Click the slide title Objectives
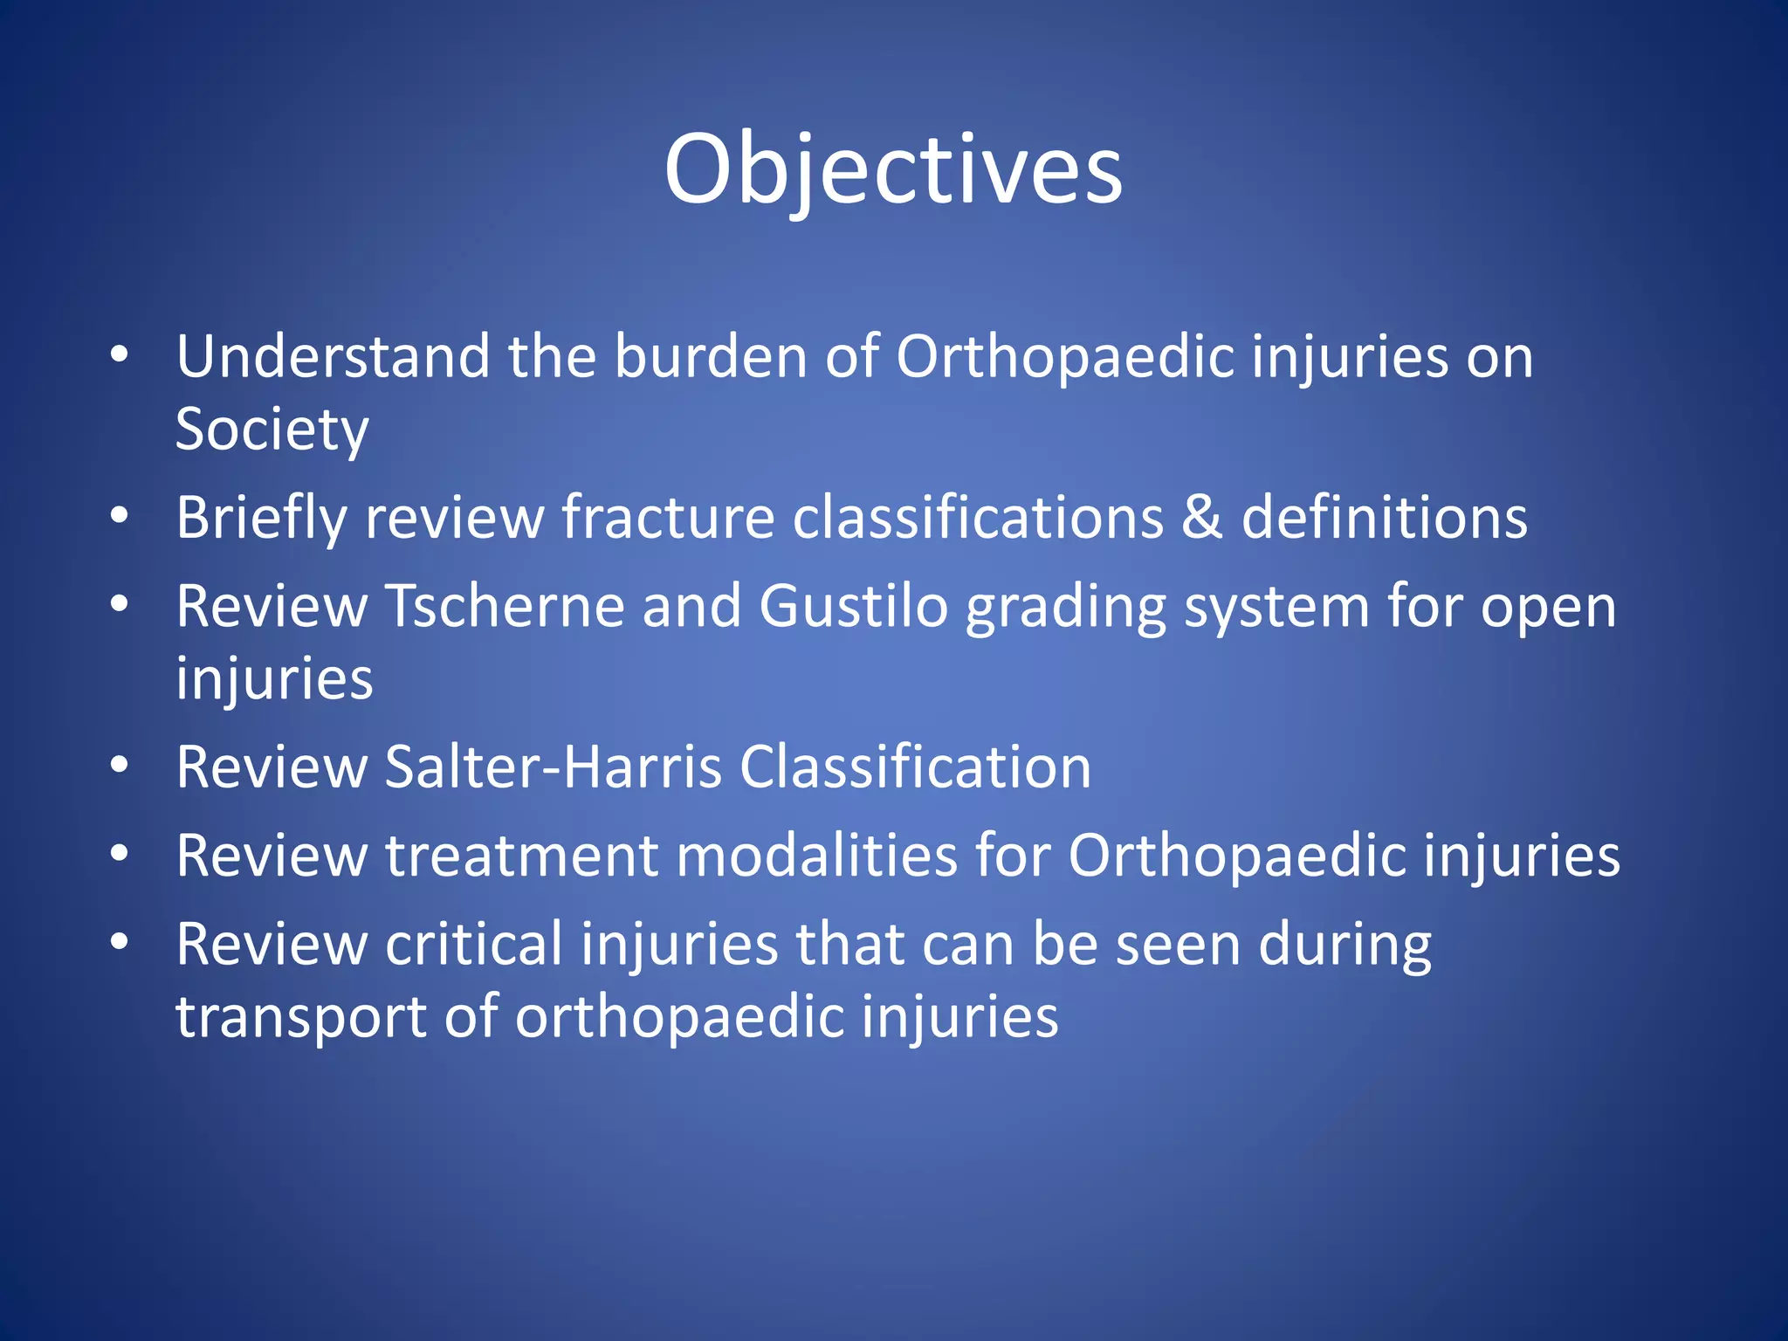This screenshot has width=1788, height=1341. point(893,169)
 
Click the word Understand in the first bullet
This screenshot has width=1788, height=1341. point(333,357)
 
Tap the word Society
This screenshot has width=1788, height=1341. point(272,430)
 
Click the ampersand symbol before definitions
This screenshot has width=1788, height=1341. point(1201,517)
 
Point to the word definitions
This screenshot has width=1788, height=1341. point(1384,517)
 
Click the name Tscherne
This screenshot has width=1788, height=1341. point(505,607)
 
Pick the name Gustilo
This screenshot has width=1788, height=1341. point(853,607)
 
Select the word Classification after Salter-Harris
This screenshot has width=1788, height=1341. point(915,767)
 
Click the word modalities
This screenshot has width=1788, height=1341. point(816,856)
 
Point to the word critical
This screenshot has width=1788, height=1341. point(474,945)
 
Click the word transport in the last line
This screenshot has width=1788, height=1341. point(301,1018)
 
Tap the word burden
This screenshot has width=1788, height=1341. point(711,357)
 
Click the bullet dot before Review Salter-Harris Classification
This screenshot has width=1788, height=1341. point(120,766)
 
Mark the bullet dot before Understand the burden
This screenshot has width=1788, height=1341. point(120,354)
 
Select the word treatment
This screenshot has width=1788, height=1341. point(521,856)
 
